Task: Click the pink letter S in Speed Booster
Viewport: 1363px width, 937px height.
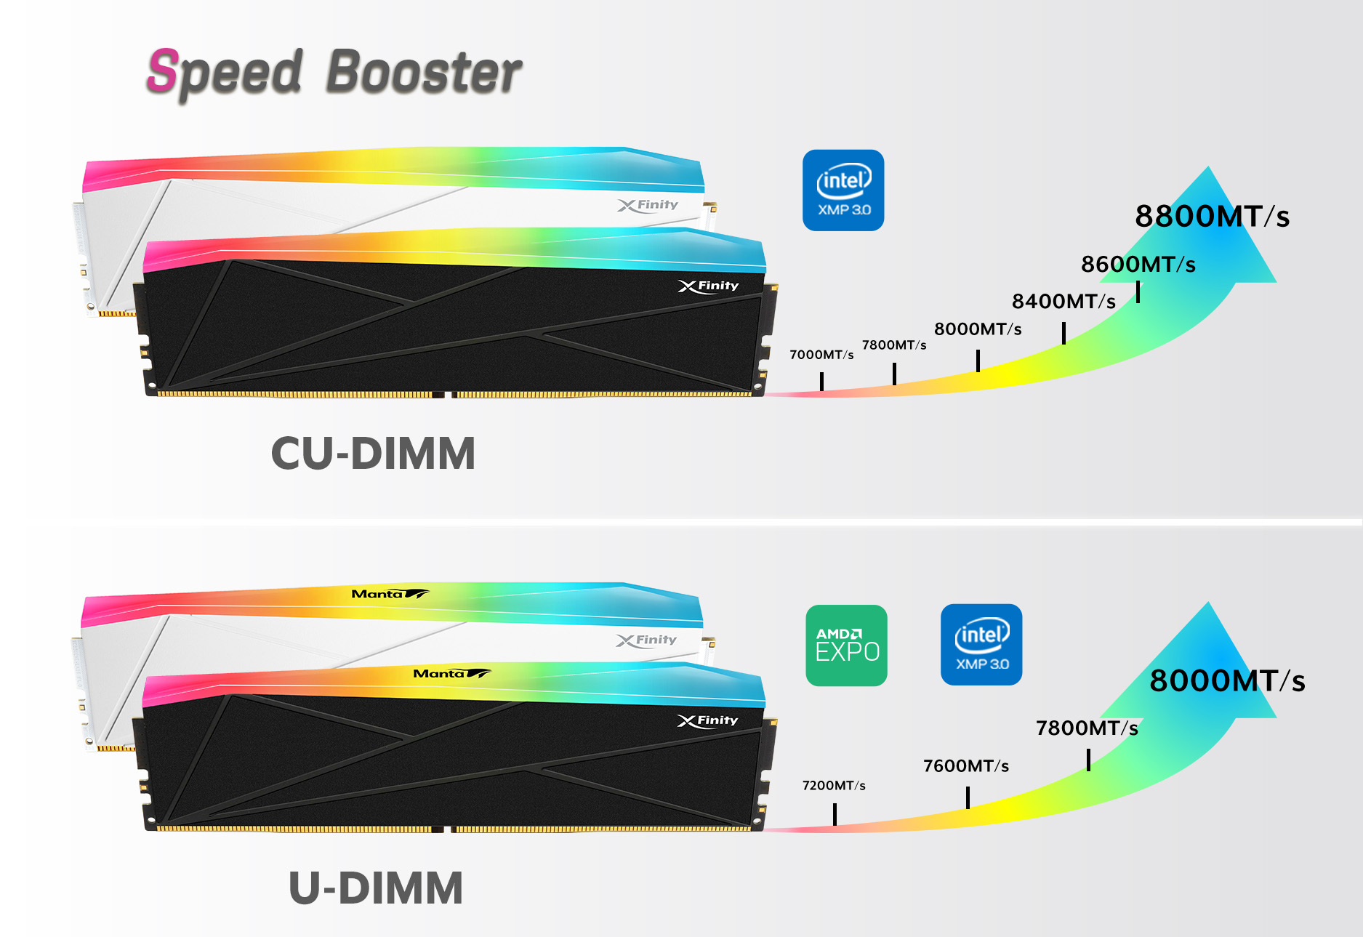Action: [163, 71]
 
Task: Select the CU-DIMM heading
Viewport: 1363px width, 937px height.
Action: [373, 454]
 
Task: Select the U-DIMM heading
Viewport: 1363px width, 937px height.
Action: [376, 888]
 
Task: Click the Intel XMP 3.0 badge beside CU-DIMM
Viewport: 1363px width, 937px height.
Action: [843, 190]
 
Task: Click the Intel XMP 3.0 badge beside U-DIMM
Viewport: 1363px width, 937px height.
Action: [981, 645]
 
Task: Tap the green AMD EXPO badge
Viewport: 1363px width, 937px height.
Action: [847, 646]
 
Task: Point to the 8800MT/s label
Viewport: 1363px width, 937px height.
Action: [1212, 217]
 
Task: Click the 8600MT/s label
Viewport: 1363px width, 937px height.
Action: [1138, 265]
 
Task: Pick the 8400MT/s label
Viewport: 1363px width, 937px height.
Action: [1064, 302]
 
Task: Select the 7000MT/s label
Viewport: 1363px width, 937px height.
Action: [821, 355]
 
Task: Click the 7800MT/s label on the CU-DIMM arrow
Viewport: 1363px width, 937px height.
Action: [894, 345]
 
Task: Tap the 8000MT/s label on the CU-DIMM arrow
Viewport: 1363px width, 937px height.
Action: [978, 329]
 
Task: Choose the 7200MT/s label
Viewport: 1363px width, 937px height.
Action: [834, 786]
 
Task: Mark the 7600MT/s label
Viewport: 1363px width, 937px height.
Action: [966, 766]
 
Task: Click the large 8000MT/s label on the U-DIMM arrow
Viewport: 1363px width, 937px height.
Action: [1227, 681]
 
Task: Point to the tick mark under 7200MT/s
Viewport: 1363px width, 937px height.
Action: [835, 813]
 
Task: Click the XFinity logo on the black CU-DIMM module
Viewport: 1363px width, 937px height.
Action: [708, 286]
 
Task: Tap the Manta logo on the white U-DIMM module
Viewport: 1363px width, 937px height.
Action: [390, 594]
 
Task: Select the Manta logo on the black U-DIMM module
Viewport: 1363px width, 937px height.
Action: [451, 674]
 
